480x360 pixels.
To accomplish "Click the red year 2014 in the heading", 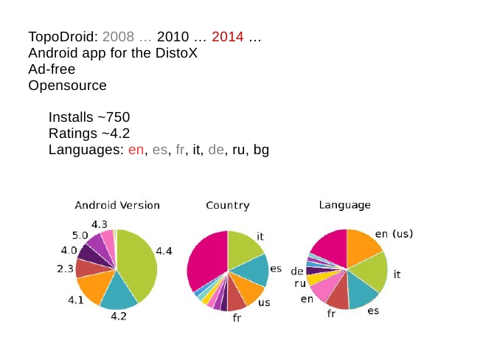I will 227,37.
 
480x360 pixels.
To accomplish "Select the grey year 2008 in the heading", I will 118,37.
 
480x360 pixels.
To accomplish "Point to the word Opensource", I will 67,86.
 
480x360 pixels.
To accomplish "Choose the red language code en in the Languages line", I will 136,150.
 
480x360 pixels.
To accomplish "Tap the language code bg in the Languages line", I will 261,150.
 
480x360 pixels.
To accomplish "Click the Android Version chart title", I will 117,205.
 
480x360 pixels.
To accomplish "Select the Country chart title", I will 227,205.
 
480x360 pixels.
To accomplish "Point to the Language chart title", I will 344,205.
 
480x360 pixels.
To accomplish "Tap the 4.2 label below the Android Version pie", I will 119,316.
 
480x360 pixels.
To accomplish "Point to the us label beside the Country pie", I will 263,302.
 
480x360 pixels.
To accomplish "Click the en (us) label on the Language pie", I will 394,234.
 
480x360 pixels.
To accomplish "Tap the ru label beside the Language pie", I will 300,283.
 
